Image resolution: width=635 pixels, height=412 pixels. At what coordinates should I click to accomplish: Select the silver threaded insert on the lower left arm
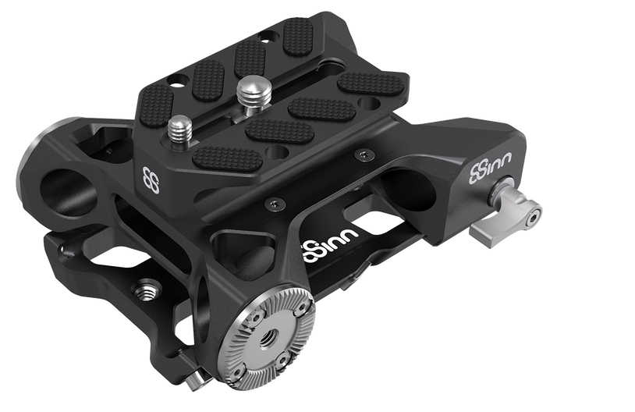point(144,293)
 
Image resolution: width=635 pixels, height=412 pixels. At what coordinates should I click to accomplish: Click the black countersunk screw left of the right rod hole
point(360,154)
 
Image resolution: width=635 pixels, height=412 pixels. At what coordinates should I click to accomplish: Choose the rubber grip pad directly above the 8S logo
point(156,105)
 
